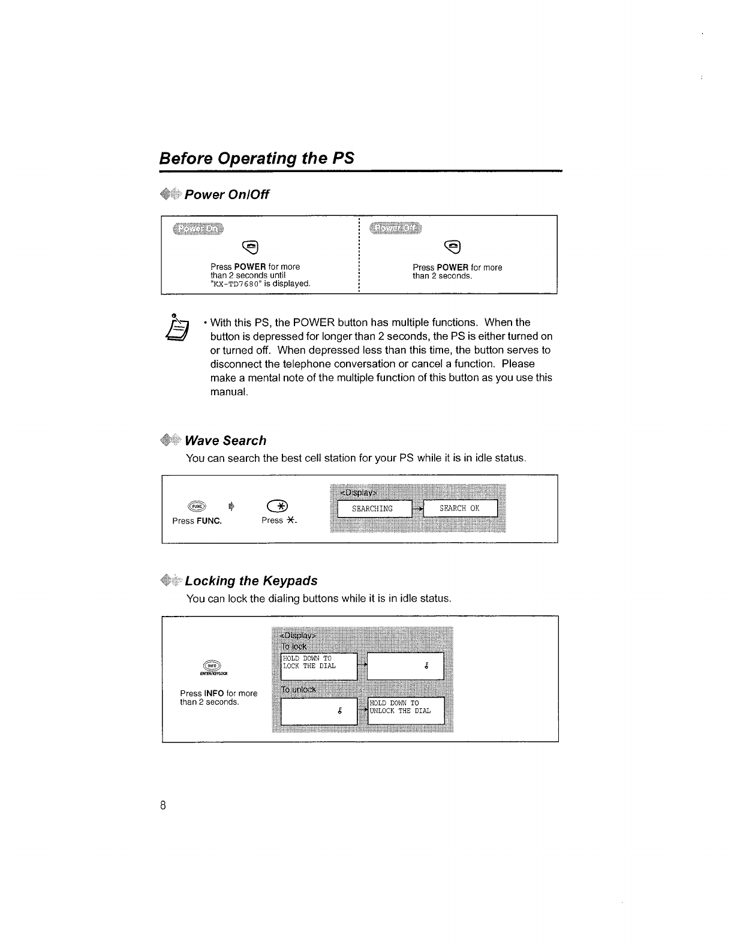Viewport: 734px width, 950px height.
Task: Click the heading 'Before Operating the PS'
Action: [257, 158]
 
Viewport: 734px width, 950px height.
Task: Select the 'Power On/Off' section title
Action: [227, 195]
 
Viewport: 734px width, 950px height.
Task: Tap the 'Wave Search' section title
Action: [225, 441]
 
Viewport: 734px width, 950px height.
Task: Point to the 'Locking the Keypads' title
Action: [251, 581]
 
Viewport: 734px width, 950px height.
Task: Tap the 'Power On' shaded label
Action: [196, 229]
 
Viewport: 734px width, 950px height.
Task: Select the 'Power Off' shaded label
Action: [396, 229]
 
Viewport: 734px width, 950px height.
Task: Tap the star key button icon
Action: [279, 506]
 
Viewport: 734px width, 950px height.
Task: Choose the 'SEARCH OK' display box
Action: [460, 509]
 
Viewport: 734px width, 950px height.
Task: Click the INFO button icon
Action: [212, 666]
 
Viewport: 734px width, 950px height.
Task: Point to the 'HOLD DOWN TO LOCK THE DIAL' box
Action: [319, 666]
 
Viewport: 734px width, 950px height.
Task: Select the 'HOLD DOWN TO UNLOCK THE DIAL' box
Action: [405, 711]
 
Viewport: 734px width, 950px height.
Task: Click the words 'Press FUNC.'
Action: [197, 521]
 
